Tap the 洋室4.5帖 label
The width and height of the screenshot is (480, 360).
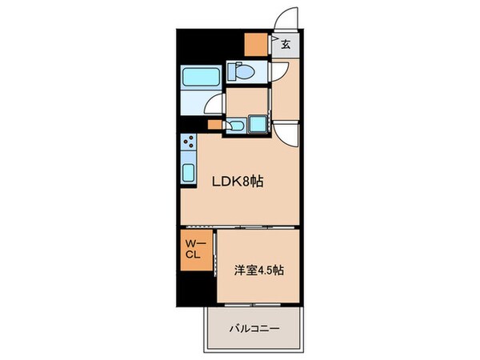coord(258,271)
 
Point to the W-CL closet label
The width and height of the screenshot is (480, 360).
coord(194,250)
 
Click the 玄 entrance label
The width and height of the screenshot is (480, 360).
coord(286,45)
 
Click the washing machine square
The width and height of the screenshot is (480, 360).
coord(259,125)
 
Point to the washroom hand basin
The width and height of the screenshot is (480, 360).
coord(237,126)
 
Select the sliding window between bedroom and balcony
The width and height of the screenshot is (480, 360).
coord(257,306)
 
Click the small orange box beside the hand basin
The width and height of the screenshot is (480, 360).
coord(214,125)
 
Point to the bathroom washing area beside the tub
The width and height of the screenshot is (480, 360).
coord(198,103)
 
